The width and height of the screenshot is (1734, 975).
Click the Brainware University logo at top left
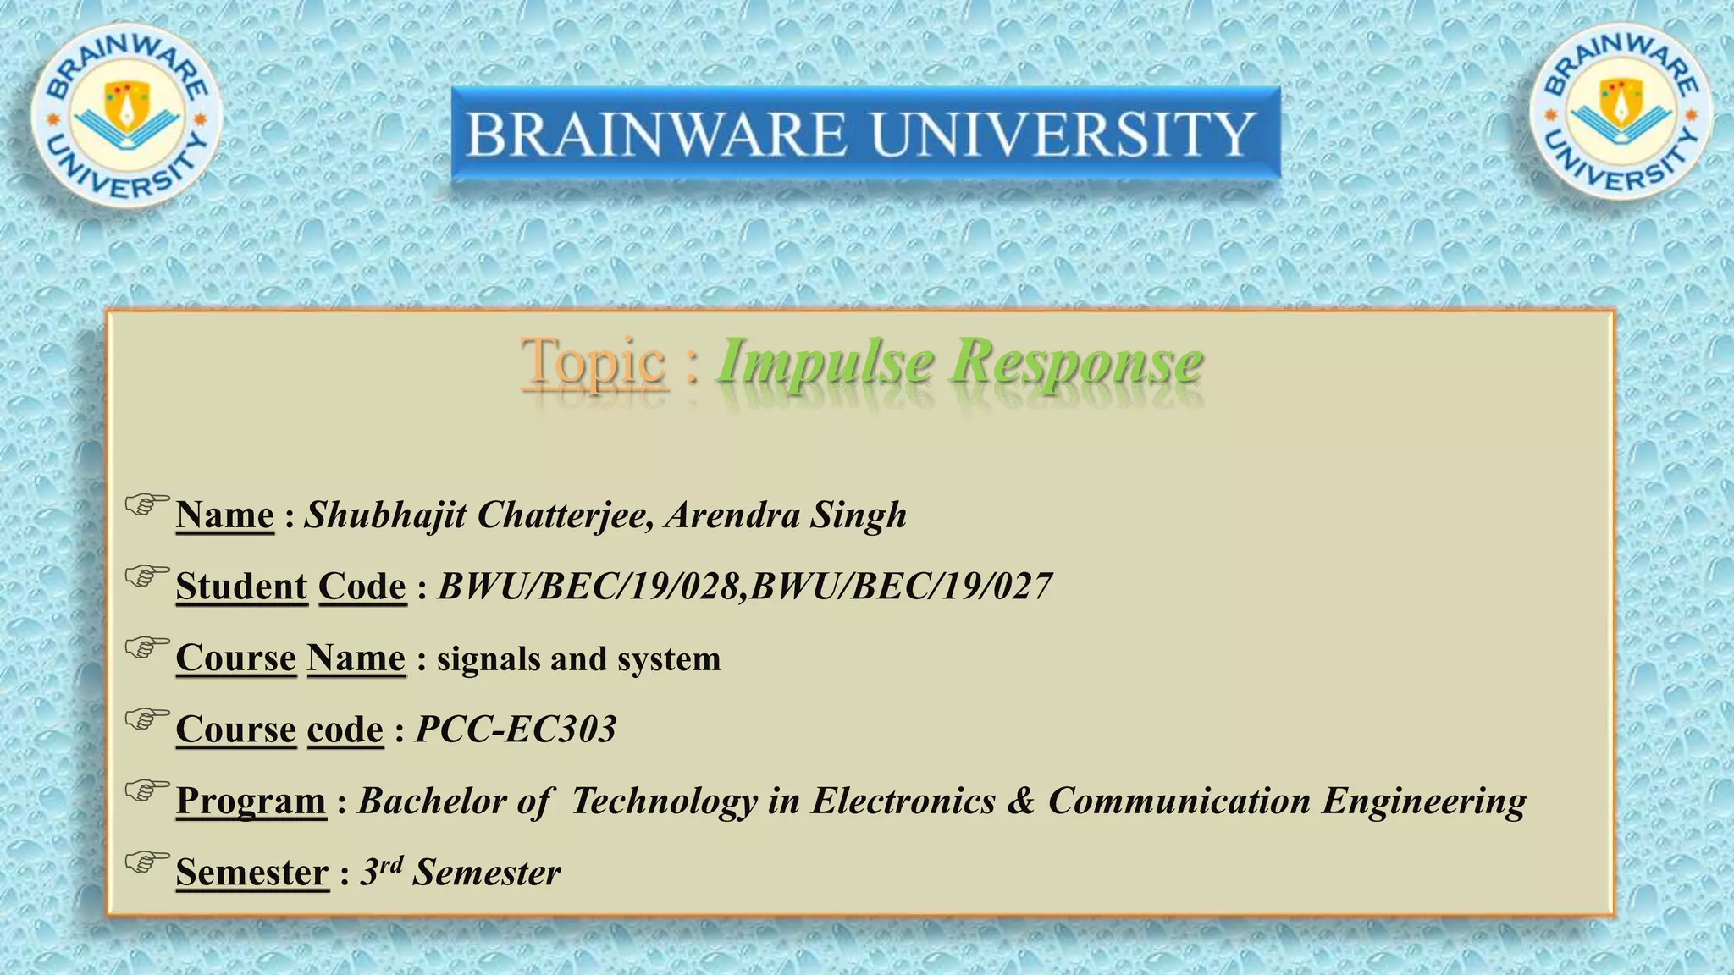pos(127,116)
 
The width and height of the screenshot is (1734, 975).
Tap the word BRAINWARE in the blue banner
pos(656,135)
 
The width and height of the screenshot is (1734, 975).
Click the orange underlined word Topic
pos(594,361)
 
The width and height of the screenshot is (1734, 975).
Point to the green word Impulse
pos(826,361)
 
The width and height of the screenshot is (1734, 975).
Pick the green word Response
pos(1076,361)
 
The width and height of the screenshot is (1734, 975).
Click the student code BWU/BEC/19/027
pos(902,586)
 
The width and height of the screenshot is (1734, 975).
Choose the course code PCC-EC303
pos(516,729)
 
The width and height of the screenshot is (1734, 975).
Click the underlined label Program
pos(251,801)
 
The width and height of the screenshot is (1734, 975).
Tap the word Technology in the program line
pos(665,801)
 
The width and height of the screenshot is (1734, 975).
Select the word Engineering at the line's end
pos(1425,801)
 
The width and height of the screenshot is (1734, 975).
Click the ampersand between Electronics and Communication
pos(1021,801)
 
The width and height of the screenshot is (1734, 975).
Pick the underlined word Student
pos(241,586)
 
